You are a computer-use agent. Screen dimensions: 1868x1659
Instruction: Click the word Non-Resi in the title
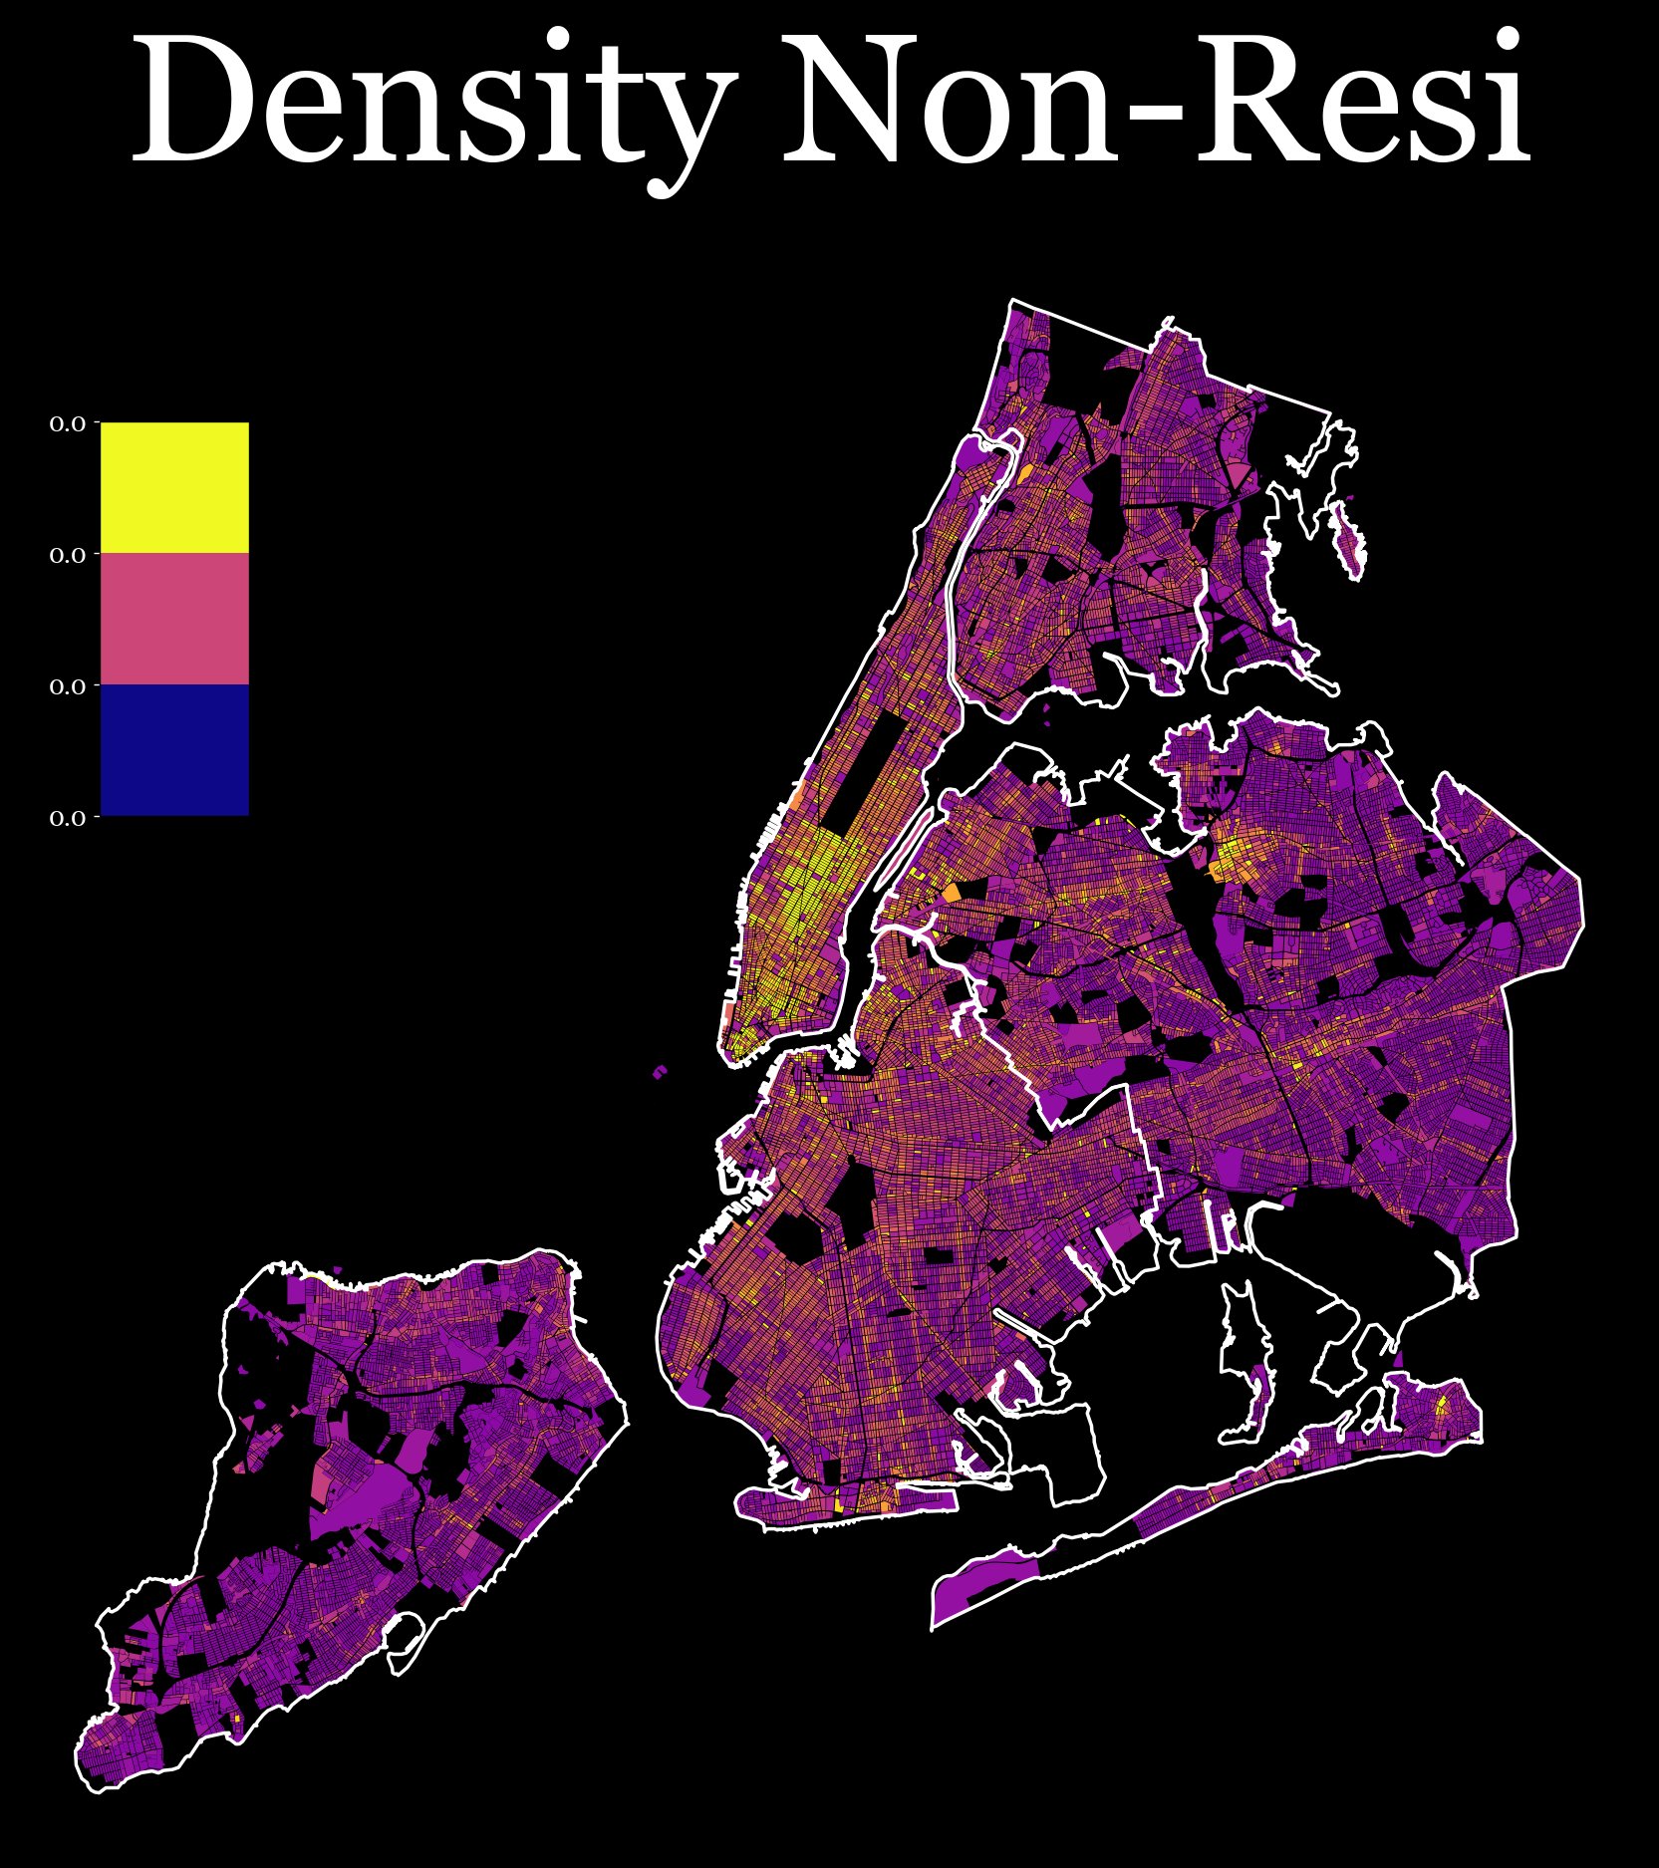(1156, 100)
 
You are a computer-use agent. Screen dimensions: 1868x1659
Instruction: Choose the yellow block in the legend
(174, 487)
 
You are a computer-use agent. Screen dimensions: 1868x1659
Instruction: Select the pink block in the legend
(174, 619)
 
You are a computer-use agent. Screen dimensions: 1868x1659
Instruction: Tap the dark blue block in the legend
(174, 749)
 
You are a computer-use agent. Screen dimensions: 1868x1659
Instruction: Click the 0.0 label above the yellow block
(68, 424)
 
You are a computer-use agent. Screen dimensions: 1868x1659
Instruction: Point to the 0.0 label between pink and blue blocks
(68, 686)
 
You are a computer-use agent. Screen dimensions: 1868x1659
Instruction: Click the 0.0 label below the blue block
(68, 818)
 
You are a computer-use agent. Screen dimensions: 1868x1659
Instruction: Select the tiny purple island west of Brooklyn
(660, 1072)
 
